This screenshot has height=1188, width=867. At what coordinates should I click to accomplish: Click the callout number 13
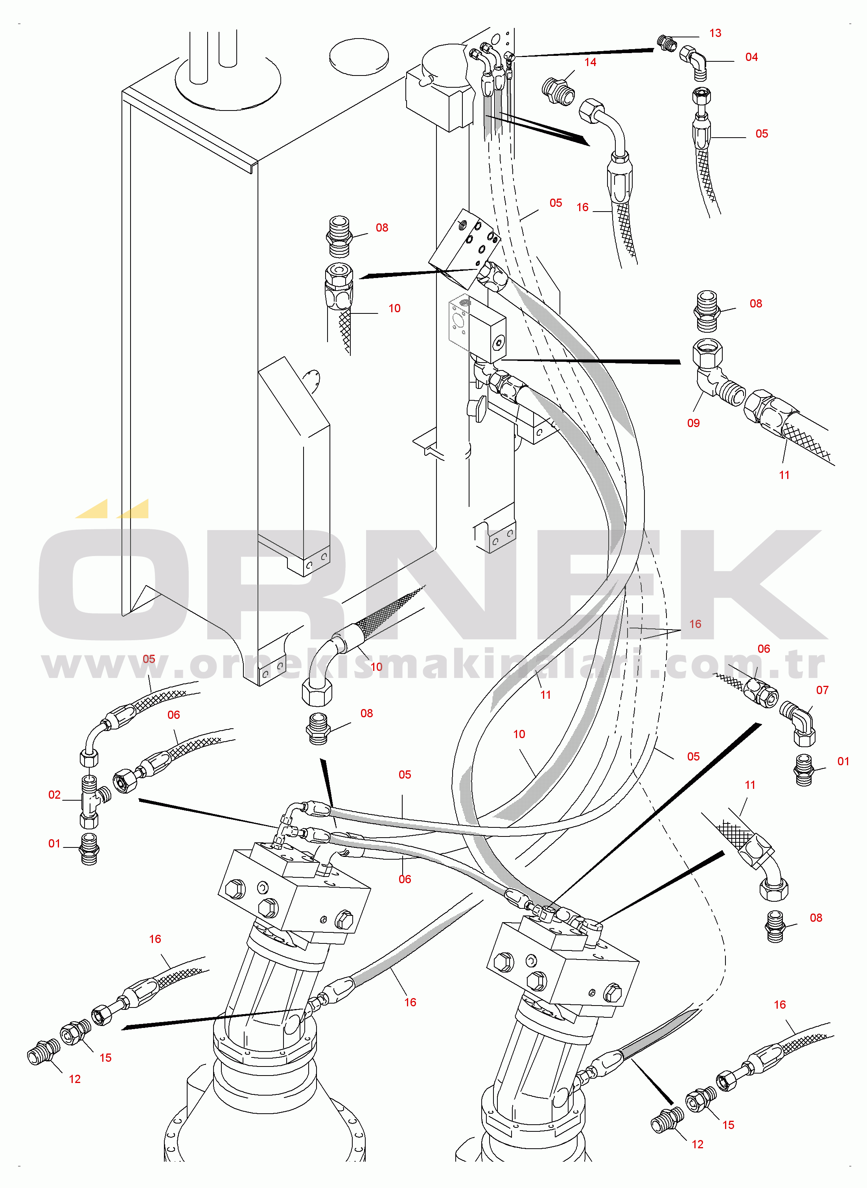click(715, 33)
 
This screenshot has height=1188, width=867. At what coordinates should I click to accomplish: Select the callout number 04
click(751, 57)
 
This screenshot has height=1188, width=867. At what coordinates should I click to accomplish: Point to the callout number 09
click(693, 423)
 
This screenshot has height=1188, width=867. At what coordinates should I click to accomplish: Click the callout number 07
click(822, 690)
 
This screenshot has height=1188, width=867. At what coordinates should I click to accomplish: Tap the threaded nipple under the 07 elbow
click(803, 770)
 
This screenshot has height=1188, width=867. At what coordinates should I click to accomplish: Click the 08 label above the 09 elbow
click(755, 304)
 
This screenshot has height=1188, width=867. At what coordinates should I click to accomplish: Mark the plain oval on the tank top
click(359, 57)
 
